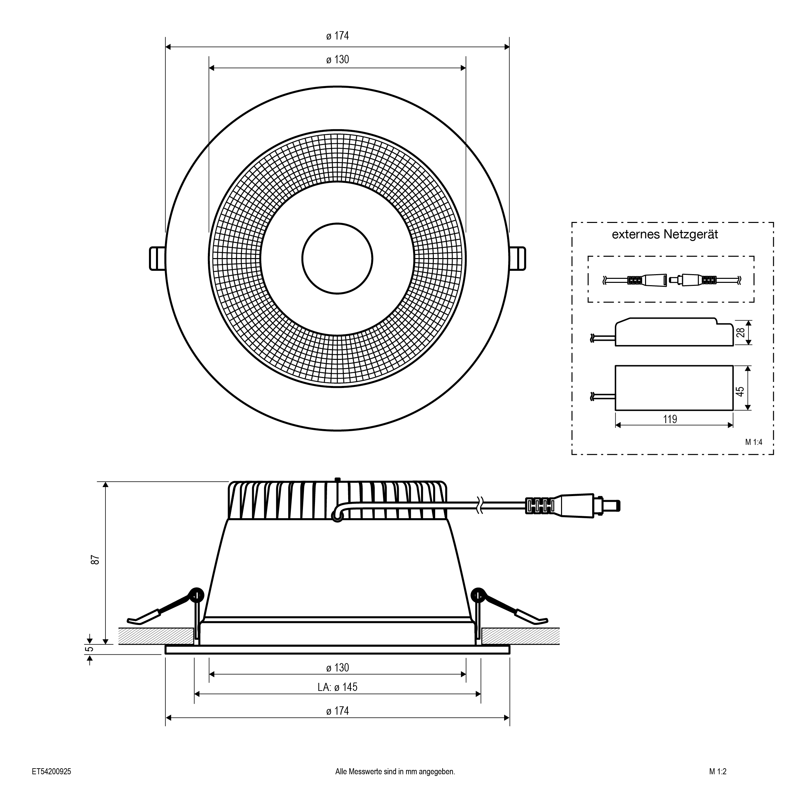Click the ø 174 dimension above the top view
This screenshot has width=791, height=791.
coord(337,36)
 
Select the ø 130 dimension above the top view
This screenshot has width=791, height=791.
coord(337,60)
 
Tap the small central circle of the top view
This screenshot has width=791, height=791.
coord(337,258)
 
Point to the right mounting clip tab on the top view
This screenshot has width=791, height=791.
coord(518,258)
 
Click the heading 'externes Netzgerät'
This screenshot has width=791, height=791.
coord(665,235)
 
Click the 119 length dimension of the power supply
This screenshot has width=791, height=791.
coord(670,419)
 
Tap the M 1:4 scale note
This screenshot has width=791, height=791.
coord(753,442)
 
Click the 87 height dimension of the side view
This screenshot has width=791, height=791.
coord(95,560)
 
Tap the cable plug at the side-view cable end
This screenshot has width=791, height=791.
coord(577,506)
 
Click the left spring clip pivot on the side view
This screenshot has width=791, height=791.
coord(196,594)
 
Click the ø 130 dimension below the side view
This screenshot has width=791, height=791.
coord(337,668)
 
